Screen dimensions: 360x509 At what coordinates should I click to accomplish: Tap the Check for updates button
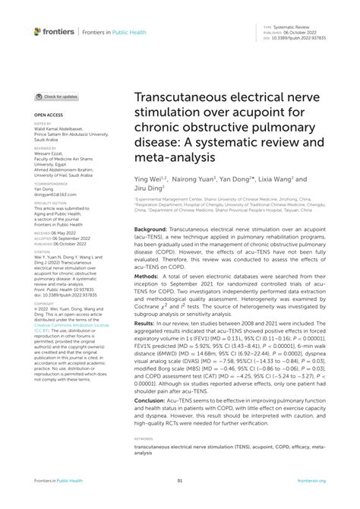point(57,97)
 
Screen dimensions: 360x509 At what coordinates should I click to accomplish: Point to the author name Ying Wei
point(149,181)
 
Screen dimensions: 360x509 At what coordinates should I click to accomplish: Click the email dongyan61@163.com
point(55,195)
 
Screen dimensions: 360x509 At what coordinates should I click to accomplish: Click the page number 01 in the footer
point(180,480)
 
